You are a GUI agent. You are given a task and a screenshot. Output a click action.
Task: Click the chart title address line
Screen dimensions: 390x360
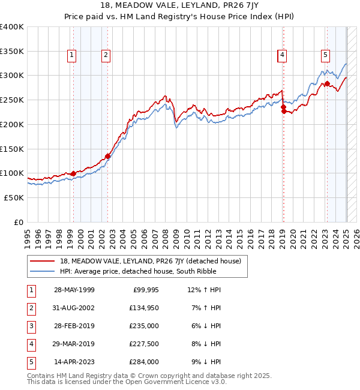pos(179,7)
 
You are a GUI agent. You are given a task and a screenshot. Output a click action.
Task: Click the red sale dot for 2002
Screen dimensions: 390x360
pos(108,156)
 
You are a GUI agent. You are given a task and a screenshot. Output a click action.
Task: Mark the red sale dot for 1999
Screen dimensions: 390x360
pos(73,173)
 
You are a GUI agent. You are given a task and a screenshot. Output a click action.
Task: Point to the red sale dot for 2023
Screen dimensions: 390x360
pos(327,83)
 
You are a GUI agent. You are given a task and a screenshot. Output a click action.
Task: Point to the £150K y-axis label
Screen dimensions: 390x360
pos(12,148)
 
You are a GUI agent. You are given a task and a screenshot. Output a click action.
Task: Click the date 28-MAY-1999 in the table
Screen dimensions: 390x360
pos(74,290)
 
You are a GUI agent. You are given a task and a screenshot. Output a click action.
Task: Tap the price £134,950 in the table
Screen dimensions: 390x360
pos(143,308)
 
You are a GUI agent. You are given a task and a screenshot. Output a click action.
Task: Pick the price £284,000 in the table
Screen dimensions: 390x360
pos(143,362)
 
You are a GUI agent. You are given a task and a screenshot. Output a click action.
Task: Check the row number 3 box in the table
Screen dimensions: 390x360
pos(29,326)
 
